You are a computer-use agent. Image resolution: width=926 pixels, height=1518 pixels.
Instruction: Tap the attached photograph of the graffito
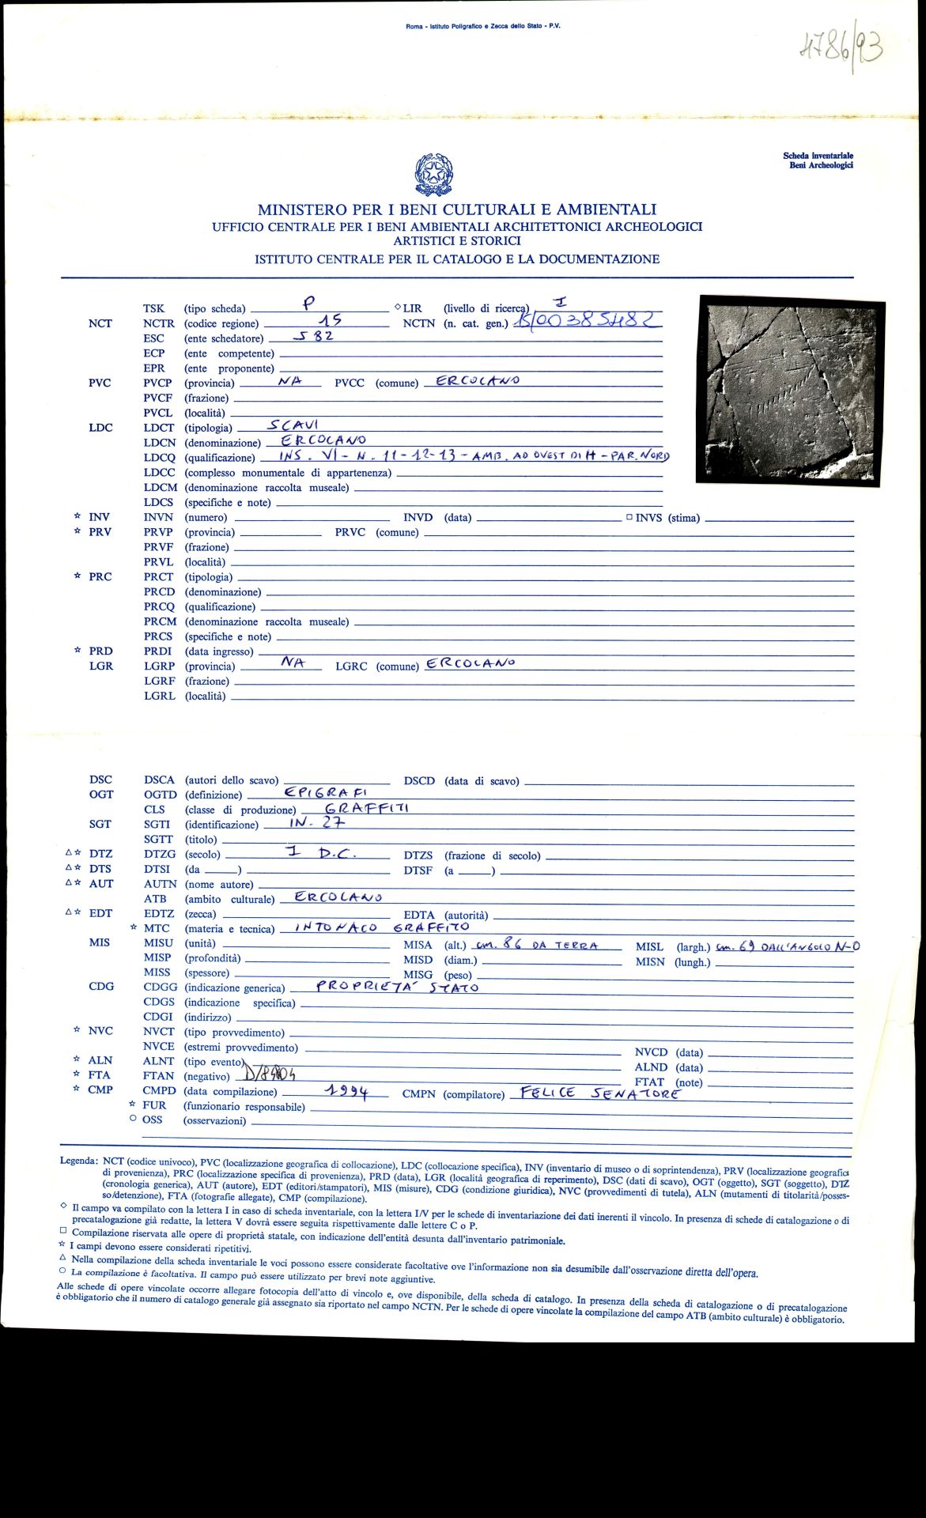pos(789,391)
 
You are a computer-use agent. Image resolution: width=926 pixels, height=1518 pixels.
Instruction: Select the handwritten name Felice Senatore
pos(595,1093)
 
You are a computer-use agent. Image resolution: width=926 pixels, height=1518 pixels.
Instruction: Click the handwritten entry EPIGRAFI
pos(326,792)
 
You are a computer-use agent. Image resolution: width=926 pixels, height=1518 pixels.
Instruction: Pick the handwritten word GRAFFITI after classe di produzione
pos(367,808)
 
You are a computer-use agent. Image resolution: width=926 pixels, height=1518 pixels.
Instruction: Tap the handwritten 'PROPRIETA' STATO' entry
pos(397,987)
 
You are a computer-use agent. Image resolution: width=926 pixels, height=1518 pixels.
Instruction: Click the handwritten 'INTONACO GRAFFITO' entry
pos(381,927)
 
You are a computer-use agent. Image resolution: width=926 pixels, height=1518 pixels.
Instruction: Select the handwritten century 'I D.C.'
pos(322,853)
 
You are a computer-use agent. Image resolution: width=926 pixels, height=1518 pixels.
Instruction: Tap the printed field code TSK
pos(153,308)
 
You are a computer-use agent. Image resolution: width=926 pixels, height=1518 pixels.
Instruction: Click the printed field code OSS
pos(152,1120)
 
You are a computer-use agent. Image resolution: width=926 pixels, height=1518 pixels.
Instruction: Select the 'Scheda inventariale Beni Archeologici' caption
pos(818,160)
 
